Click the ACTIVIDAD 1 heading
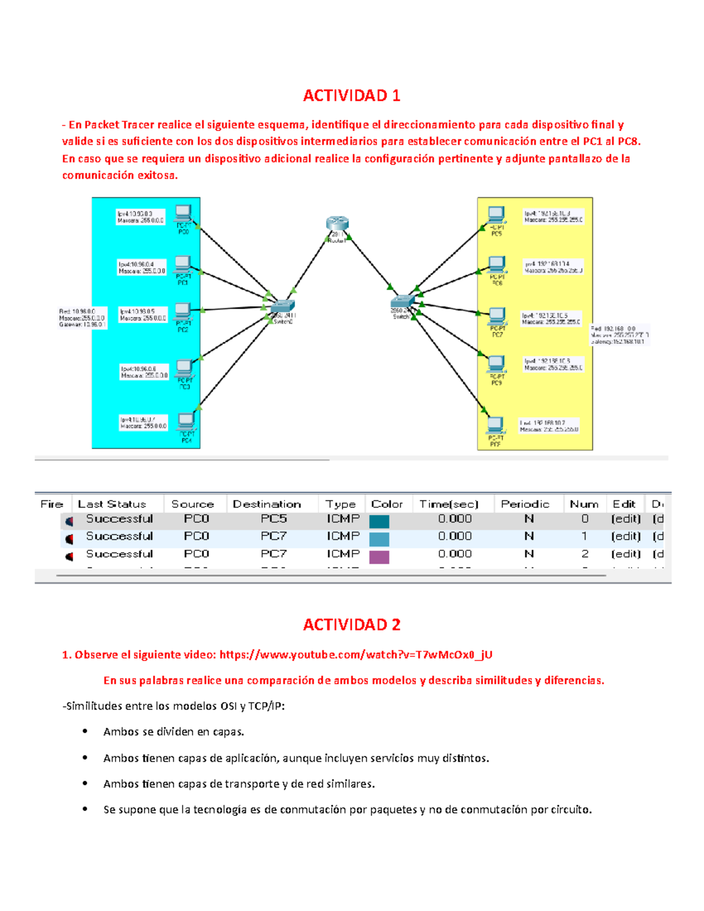(351, 96)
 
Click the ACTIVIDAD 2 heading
(351, 625)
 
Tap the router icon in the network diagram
(337, 223)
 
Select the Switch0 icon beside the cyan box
(283, 306)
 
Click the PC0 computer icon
(183, 214)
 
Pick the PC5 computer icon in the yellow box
(496, 215)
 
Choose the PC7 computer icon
(497, 316)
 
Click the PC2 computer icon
(183, 311)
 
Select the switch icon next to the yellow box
(402, 302)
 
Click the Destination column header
(266, 504)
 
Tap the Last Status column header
(111, 504)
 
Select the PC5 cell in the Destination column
(273, 519)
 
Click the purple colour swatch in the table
(379, 556)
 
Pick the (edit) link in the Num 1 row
(625, 536)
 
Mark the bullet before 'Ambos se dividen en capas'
(85, 731)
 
